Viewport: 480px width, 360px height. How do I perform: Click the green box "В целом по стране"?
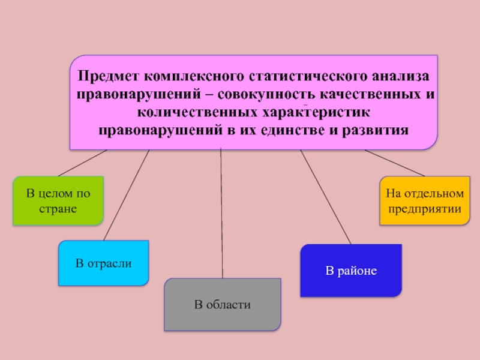58,200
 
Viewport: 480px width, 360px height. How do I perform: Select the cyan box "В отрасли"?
103,263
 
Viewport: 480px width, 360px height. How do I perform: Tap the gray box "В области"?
222,305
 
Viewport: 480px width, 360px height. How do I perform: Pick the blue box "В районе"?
351,270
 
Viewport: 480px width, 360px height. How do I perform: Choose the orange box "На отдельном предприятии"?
425,201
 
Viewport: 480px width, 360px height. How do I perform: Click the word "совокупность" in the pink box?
265,95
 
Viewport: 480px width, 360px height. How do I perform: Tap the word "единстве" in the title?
291,130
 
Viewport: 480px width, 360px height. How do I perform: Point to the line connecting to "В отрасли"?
127,195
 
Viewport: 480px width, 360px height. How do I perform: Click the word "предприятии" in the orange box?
425,209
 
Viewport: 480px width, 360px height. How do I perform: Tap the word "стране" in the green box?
58,208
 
